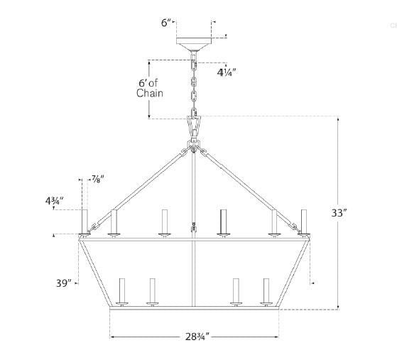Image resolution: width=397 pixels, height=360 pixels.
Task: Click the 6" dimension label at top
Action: pos(165,23)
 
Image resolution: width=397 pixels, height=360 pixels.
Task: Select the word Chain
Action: pos(151,94)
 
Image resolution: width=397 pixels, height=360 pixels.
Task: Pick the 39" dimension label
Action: pos(65,283)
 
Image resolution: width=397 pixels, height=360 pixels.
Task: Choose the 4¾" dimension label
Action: pos(54,201)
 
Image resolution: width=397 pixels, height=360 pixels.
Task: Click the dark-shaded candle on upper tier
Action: pos(223,221)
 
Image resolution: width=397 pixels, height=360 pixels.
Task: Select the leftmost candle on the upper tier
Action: pos(84,221)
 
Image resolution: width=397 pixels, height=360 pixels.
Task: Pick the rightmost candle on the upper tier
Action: pos(303,220)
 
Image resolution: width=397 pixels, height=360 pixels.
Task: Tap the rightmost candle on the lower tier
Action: pos(266,291)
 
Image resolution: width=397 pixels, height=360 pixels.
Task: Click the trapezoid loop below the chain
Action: pos(193,126)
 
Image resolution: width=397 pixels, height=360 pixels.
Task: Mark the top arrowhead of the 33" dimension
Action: pos(339,121)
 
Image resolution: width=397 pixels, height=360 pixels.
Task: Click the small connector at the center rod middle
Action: pos(193,228)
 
